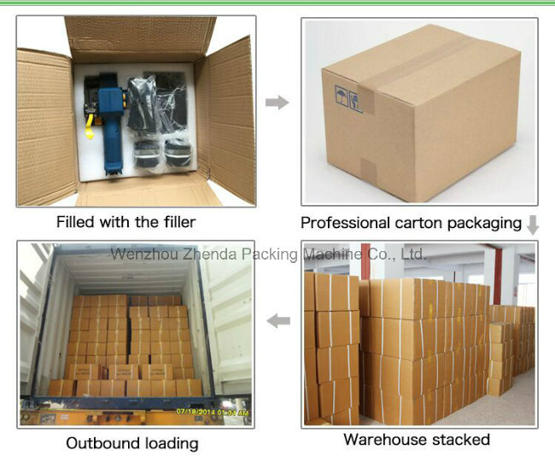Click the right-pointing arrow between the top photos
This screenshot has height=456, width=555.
277,102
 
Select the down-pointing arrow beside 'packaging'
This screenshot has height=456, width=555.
532,225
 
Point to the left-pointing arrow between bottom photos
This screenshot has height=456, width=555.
278,321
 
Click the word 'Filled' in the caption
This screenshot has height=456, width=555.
75,222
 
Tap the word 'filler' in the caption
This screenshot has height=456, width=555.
180,222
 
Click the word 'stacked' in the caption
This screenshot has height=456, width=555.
461,440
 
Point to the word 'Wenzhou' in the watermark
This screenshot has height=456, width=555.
144,254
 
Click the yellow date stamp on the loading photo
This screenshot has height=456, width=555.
213,412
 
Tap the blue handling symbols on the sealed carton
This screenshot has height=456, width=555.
348,99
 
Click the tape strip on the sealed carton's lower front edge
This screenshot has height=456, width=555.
368,169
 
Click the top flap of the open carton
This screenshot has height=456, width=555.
141,38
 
